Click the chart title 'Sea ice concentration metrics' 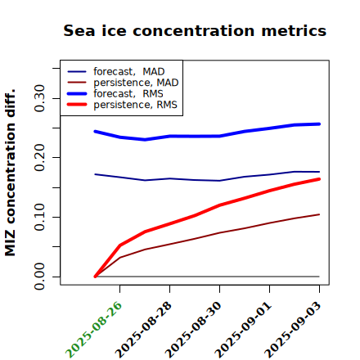coord(195,31)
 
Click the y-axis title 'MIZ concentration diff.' coord(11,173)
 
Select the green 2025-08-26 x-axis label coord(94,330)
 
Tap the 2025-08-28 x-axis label coord(144,330)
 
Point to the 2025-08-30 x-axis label coord(194,330)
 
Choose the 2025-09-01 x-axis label coord(244,330)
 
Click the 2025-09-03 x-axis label coord(294,330)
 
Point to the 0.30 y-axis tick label coord(39,98)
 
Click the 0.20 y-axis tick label coord(39,158)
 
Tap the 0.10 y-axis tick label coord(39,217)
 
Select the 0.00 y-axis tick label coord(39,277)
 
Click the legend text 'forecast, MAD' coord(129,71)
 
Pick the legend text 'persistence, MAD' coord(136,83)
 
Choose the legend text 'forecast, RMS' coord(128,93)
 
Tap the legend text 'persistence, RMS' coord(135,105)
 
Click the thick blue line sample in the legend coord(77,93)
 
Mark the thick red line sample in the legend coord(77,105)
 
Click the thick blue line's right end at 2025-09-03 coord(319,124)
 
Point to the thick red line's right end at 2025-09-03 coord(319,179)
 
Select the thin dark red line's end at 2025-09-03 coord(319,214)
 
